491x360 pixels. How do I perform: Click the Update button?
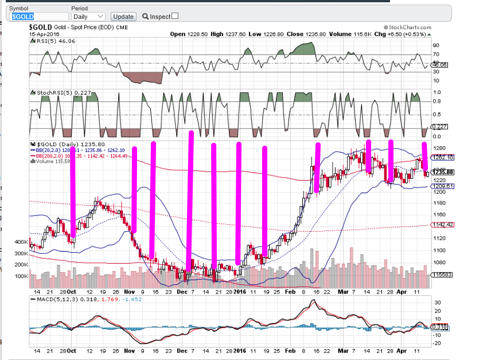click(x=123, y=17)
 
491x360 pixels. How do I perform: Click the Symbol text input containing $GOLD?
click(x=39, y=17)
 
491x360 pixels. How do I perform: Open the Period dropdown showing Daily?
click(x=88, y=17)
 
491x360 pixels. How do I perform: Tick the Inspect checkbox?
click(x=175, y=16)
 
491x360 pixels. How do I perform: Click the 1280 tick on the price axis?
click(x=438, y=148)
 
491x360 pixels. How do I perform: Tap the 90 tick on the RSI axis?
click(x=436, y=45)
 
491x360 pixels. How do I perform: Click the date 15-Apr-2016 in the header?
click(x=44, y=34)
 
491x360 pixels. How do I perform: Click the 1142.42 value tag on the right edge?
click(x=443, y=225)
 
